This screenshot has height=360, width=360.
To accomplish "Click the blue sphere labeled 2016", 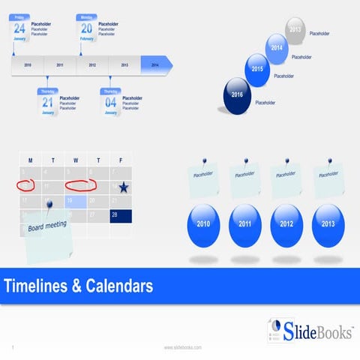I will pos(237,96).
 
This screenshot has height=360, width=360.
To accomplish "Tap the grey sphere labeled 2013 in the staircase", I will pos(295,30).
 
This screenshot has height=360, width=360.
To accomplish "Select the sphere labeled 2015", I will pos(257,70).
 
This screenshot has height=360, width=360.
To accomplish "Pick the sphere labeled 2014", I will pos(277,49).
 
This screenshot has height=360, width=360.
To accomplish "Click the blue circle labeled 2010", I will pos(203,223).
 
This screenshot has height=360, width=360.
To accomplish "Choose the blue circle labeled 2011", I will pos(244,223).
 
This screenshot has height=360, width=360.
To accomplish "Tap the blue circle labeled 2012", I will pos(286,223).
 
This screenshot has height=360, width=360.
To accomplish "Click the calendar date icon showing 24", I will pos(20,29).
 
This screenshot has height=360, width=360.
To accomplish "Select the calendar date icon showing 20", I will pos(87,29).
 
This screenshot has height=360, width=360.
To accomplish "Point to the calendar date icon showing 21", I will pos(48,102).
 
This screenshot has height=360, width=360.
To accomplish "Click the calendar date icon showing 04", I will pos(110,102).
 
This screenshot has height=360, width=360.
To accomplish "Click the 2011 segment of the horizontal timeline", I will pos(60,65).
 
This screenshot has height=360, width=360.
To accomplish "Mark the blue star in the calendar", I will pos(123,187).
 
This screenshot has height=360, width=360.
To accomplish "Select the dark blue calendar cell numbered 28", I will pos(121,216).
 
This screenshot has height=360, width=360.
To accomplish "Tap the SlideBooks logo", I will pos(308,329).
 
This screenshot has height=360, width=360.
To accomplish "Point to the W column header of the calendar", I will pos(76,160).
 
